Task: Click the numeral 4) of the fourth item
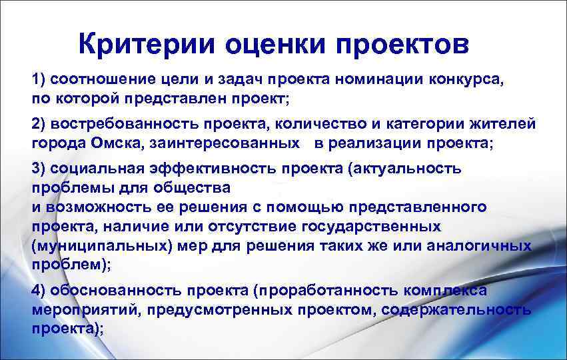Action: pos(38,290)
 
